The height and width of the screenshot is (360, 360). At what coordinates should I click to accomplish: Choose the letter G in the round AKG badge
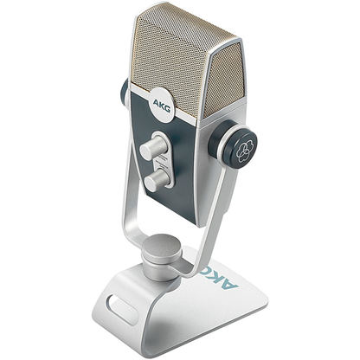[170, 108]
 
